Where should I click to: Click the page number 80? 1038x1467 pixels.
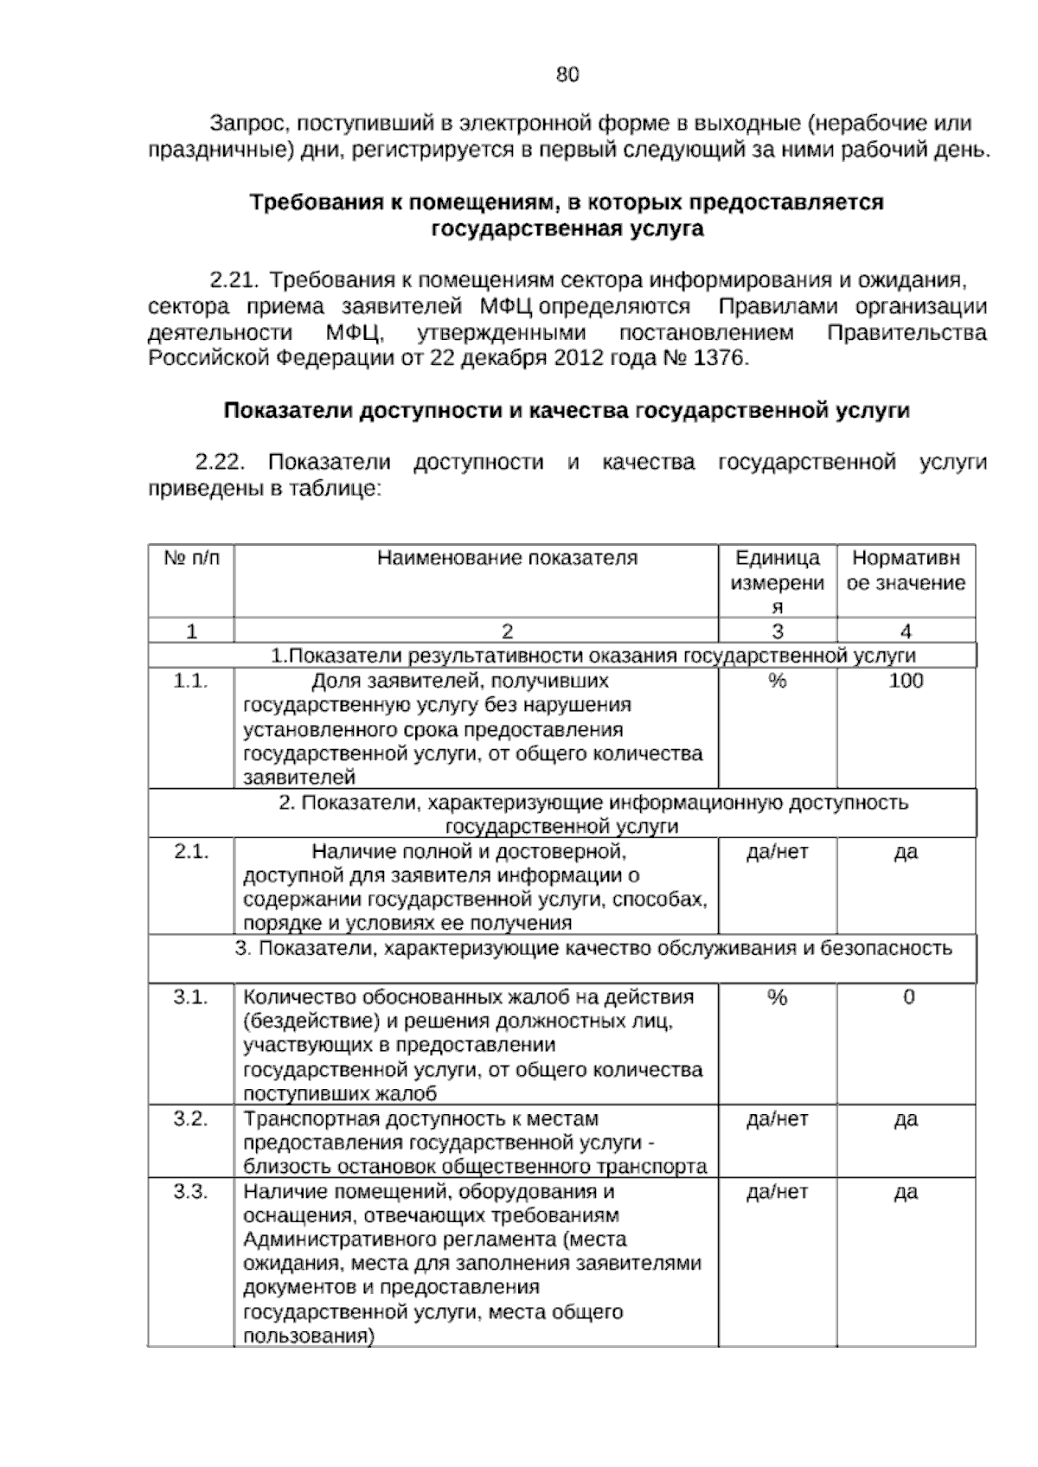coord(567,75)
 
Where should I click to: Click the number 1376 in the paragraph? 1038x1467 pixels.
coord(721,358)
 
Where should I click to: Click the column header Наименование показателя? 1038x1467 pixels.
coord(507,558)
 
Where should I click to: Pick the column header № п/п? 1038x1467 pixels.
coord(192,558)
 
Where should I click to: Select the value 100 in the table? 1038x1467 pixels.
coord(906,681)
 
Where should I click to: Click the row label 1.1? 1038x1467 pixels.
coord(190,681)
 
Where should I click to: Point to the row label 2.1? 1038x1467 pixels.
coord(190,852)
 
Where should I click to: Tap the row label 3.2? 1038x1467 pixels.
coord(190,1119)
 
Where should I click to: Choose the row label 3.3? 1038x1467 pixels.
coord(190,1192)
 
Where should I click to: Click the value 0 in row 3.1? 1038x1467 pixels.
coord(908,997)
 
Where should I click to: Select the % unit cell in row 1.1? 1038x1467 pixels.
coord(777,682)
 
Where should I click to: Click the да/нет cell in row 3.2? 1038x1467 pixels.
coord(777,1119)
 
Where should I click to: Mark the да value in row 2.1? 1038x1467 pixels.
coord(905,852)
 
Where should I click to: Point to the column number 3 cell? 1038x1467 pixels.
coord(777,631)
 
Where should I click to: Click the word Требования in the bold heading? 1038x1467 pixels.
coord(300,203)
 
